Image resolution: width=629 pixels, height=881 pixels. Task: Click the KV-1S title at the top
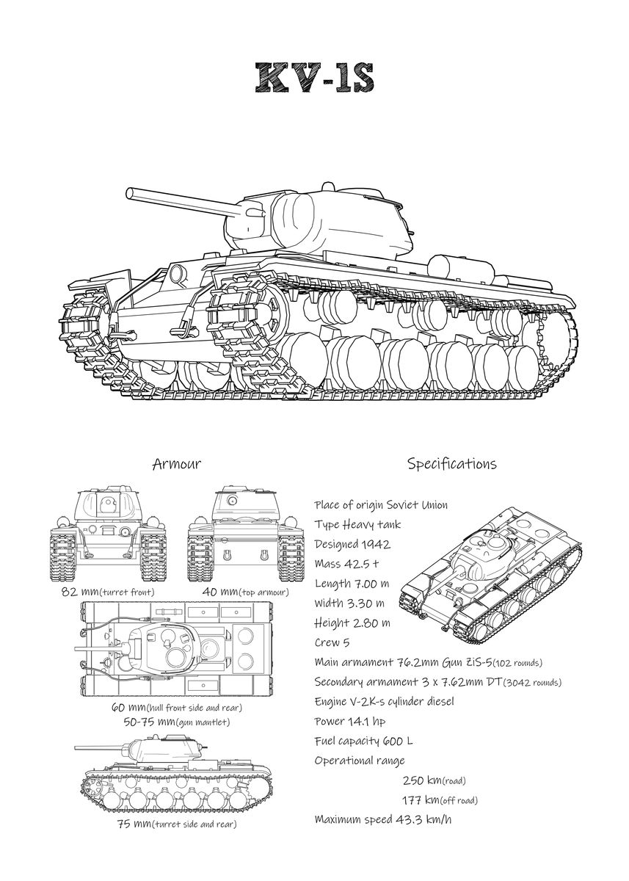point(315,78)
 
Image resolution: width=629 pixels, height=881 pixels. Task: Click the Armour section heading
point(176,464)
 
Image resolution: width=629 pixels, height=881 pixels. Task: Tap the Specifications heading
point(451,464)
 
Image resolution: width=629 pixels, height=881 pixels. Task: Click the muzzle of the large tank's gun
point(130,193)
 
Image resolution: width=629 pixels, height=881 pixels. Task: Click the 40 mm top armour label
point(246,592)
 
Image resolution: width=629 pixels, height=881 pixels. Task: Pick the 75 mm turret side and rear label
point(176,824)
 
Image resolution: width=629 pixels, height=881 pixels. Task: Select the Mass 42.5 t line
point(346,564)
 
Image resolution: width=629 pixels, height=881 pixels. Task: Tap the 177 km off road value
point(440,800)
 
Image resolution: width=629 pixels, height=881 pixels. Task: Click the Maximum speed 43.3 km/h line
point(382,819)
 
